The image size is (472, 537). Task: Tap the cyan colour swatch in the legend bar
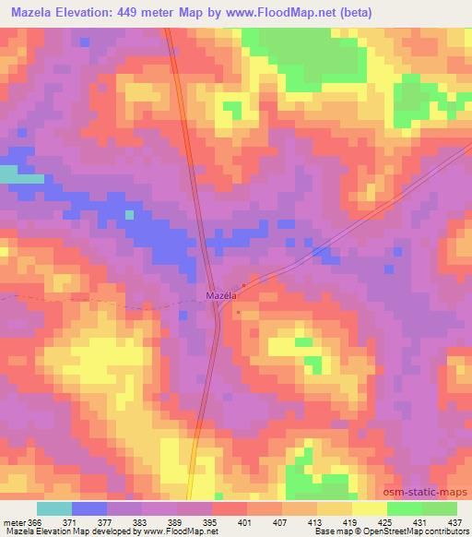tap(54, 508)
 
